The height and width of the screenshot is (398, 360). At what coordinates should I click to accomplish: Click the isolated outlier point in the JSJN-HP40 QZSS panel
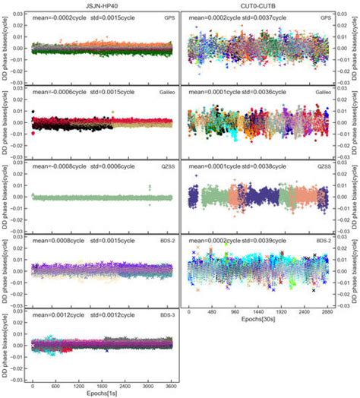(150, 187)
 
